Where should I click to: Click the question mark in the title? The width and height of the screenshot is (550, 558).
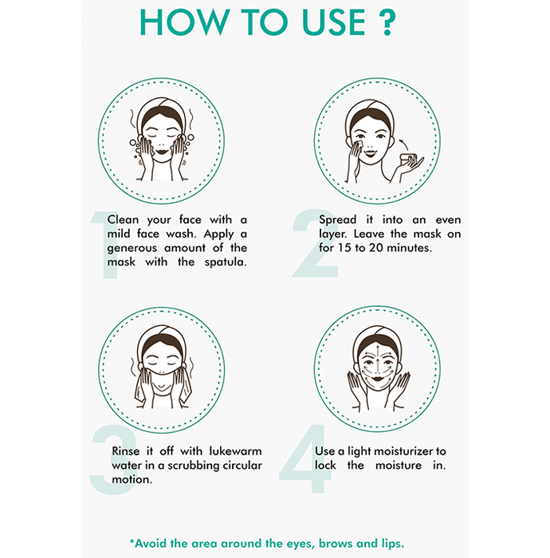(385, 22)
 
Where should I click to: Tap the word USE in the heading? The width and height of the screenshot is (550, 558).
(334, 22)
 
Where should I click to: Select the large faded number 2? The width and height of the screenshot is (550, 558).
(315, 243)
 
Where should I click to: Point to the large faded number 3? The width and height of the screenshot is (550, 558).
(113, 459)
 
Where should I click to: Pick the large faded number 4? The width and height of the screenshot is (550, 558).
(305, 458)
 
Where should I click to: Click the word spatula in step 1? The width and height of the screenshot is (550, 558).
(226, 262)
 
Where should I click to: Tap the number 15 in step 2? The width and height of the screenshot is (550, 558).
(344, 248)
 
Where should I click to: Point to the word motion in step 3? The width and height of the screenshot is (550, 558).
(132, 480)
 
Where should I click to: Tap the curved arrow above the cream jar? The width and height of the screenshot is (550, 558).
(403, 144)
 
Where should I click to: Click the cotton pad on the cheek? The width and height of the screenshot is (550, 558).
(358, 144)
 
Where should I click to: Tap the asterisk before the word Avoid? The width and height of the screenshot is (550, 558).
(132, 541)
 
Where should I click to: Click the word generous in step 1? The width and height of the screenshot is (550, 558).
(132, 249)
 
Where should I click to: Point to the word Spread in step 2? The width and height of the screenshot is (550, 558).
(337, 220)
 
